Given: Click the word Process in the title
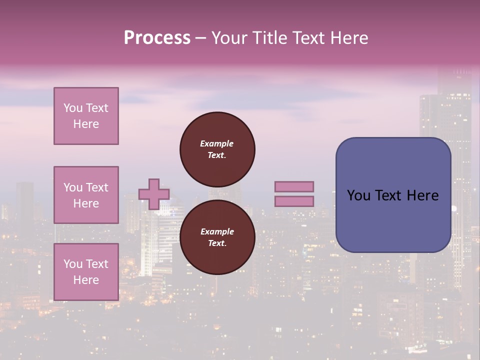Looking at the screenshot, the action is click(157, 38).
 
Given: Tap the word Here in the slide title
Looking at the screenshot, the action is click(348, 38).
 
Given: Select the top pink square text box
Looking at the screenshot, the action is click(86, 116).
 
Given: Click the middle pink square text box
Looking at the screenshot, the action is click(86, 195).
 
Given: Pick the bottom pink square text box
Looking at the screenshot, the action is click(86, 271).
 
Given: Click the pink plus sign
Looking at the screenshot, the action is click(154, 194).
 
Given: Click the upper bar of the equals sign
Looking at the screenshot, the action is click(294, 186).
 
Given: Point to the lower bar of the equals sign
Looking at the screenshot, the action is click(294, 201).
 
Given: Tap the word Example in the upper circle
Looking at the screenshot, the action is click(217, 143).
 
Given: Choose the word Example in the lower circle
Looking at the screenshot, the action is click(217, 231).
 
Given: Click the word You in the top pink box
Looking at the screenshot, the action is click(73, 108).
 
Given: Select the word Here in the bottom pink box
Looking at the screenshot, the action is click(86, 280).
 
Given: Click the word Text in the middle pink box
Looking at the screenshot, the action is click(96, 187).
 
